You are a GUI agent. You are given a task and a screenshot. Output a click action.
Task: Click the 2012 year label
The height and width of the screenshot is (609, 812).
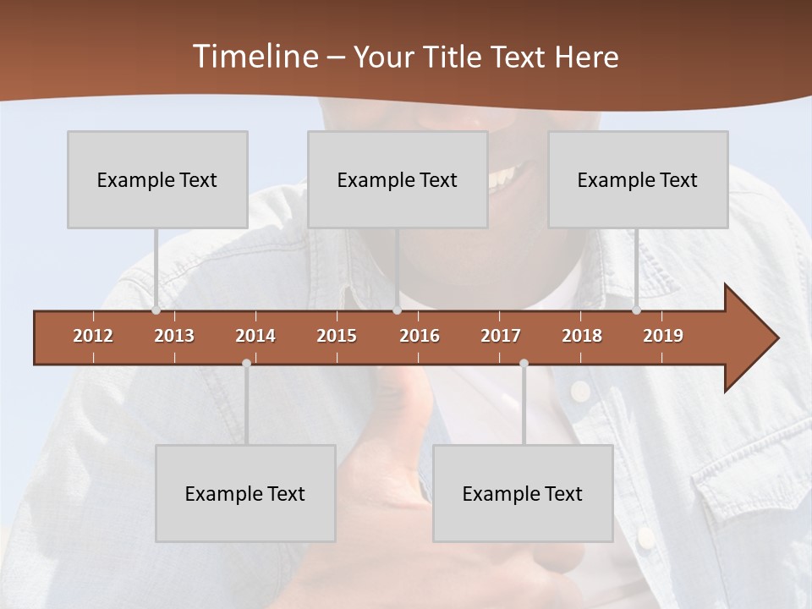(x=93, y=336)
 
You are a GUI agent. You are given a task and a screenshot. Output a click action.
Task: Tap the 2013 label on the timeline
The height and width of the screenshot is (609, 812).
(x=174, y=336)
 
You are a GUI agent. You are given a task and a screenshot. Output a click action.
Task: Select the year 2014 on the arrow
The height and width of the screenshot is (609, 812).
(x=255, y=336)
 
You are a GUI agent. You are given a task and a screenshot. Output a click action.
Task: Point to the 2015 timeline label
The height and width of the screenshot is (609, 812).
(x=337, y=336)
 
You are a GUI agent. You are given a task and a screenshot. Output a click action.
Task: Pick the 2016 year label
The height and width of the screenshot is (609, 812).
(x=420, y=336)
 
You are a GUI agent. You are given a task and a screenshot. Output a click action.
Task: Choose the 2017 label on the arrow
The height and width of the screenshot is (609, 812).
(x=501, y=336)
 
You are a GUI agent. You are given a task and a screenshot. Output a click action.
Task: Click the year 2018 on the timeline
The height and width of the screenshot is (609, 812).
(x=582, y=336)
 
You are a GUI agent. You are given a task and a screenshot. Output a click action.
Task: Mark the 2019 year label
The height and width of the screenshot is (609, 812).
(x=663, y=336)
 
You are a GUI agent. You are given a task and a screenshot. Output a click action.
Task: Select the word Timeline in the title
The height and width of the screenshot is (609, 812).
(x=254, y=57)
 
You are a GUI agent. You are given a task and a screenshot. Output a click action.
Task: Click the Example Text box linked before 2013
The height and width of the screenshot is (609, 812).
(x=157, y=179)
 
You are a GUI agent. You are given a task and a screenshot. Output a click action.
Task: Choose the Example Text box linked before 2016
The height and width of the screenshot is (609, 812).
(x=398, y=179)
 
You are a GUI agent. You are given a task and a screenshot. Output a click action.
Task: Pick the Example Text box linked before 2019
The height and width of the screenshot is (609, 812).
(x=638, y=179)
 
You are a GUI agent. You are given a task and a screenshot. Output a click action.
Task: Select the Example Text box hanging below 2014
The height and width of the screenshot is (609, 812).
(x=245, y=493)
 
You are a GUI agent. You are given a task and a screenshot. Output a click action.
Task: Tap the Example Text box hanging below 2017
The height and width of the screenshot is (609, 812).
(x=523, y=493)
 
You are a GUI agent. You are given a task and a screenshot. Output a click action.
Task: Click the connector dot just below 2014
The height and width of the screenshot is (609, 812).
(x=246, y=363)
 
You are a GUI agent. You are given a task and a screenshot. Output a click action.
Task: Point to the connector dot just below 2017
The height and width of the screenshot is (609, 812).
(x=524, y=363)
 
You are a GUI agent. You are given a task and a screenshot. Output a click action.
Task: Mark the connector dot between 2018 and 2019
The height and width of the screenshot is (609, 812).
(x=636, y=310)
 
